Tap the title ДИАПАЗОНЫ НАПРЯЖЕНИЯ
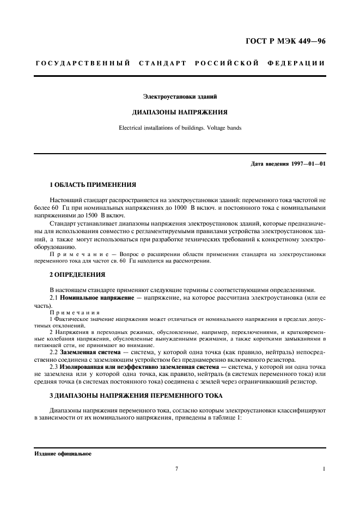[x=180, y=112]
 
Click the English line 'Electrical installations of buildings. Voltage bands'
[x=180, y=128]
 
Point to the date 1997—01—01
[x=308, y=163]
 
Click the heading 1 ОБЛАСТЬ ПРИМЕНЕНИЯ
[x=85, y=185]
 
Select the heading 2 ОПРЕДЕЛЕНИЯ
[x=73, y=274]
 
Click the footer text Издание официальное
[x=63, y=453]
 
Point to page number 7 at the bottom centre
[x=177, y=469]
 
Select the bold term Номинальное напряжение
[x=93, y=299]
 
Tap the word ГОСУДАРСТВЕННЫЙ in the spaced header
[x=83, y=63]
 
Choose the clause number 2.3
[x=53, y=366]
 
